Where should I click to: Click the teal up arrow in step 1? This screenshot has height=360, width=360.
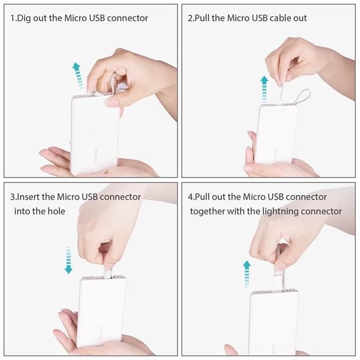point(77,76)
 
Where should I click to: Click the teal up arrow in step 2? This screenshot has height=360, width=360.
point(264,89)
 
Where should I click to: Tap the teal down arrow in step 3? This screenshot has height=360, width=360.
point(68,260)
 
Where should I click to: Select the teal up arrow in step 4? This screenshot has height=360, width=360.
point(247,274)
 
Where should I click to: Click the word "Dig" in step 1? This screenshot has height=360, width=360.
point(24,19)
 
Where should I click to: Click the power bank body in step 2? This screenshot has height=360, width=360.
point(276,134)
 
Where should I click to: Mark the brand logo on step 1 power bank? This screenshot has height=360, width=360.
point(96,155)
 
